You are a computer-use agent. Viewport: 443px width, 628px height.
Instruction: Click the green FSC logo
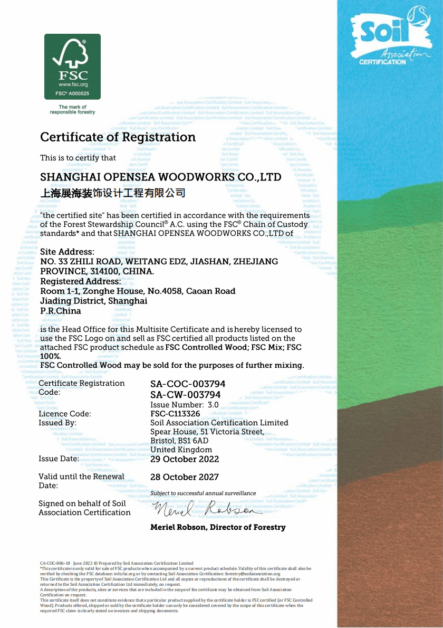(72, 66)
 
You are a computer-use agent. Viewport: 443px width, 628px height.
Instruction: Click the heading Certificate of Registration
(118, 137)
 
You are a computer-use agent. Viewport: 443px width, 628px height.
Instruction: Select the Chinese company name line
(113, 193)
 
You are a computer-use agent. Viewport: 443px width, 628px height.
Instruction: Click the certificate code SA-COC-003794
(188, 384)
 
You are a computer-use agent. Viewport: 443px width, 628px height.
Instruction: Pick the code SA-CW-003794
(185, 395)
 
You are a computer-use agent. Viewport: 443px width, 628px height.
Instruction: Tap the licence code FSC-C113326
(175, 414)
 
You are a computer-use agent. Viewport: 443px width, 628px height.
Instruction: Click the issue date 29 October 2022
(185, 459)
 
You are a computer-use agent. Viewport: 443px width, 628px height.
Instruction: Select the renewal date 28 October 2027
(185, 477)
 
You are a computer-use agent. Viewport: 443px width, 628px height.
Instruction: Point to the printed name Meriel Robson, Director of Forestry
(218, 527)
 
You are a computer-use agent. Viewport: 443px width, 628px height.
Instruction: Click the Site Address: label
(68, 252)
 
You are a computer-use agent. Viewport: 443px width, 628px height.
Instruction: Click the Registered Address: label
(81, 281)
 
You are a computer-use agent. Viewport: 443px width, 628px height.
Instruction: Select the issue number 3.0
(213, 405)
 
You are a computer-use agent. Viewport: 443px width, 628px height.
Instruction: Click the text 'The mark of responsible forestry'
(72, 110)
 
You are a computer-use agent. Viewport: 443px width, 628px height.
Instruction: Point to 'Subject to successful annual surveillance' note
(203, 493)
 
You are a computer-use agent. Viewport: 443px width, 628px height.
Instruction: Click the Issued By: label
(57, 423)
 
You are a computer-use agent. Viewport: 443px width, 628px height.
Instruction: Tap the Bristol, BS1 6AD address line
(179, 441)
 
